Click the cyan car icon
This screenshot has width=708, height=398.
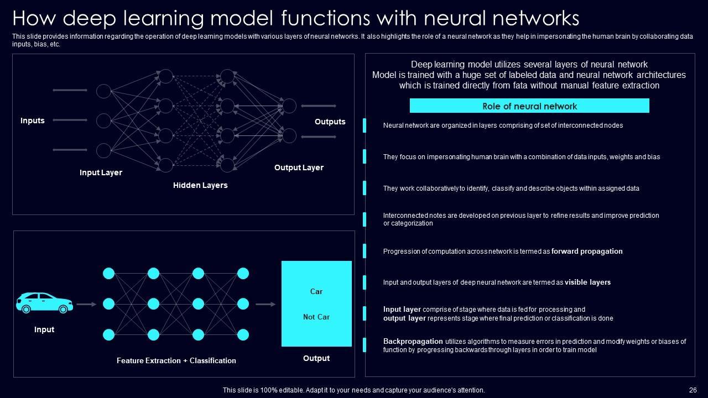pos(44,303)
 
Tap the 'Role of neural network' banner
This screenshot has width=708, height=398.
pos(529,106)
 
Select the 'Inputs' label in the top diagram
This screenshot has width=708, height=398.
pos(33,121)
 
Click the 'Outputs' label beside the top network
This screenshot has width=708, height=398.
pos(330,122)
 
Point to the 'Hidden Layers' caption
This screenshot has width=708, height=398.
pos(200,185)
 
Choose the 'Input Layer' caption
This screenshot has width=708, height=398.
pos(101,172)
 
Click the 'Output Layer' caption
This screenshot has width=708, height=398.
pos(299,167)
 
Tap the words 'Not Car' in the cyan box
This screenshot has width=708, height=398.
pos(316,317)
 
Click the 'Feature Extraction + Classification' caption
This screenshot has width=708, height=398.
pos(176,360)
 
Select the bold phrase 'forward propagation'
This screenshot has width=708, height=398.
pos(587,252)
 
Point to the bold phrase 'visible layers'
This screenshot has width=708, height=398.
pos(587,282)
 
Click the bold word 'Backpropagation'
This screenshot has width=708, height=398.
pos(413,342)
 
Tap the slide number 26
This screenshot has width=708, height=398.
pos(693,390)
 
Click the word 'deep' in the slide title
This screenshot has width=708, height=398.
pos(89,19)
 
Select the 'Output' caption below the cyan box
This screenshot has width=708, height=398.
pos(316,358)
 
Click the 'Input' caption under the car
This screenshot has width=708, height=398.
pos(44,329)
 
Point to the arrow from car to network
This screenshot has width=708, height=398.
pos(86,304)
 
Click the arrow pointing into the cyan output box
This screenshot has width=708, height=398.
pos(265,304)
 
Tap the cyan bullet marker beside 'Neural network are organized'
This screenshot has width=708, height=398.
pos(365,125)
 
